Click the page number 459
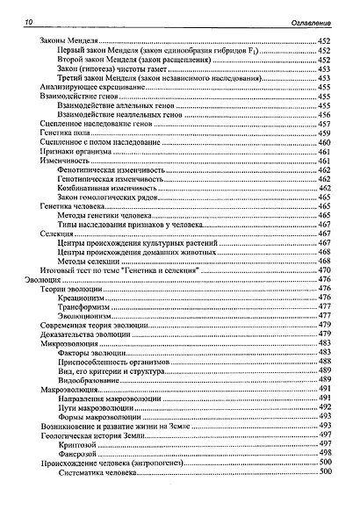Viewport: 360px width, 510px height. click(324, 133)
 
